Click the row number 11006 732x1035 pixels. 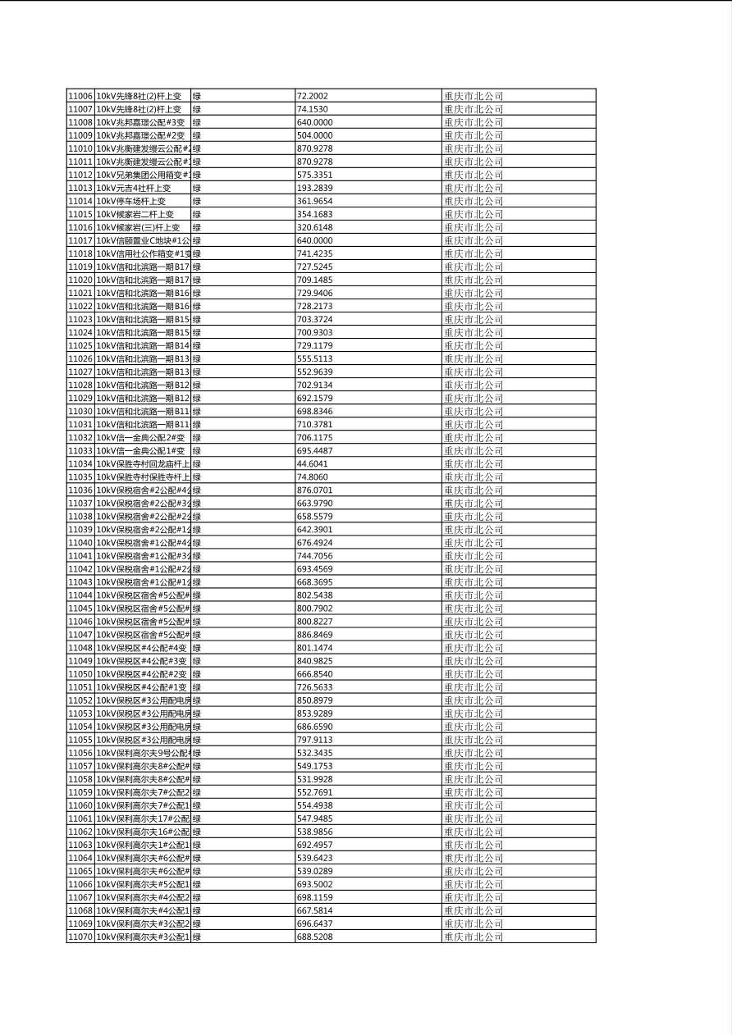[x=80, y=96]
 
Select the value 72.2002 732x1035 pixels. [x=312, y=96]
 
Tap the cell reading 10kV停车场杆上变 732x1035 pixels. [x=131, y=201]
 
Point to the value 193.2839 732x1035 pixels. [x=315, y=188]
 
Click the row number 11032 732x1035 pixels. [x=80, y=438]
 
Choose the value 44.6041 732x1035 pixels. [x=312, y=464]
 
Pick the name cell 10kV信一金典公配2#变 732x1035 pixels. [x=140, y=438]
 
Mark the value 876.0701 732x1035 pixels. [x=315, y=490]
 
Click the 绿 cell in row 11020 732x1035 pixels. [x=197, y=280]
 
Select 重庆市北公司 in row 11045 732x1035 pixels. [x=474, y=609]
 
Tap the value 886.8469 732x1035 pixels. [x=315, y=635]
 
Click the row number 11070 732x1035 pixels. [x=80, y=937]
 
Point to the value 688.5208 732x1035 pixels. [x=315, y=937]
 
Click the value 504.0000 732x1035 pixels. [x=315, y=135]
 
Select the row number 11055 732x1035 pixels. [x=80, y=740]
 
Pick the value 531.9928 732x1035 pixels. [x=315, y=779]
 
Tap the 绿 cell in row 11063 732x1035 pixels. [x=197, y=845]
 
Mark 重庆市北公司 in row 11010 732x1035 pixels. [x=474, y=148]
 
